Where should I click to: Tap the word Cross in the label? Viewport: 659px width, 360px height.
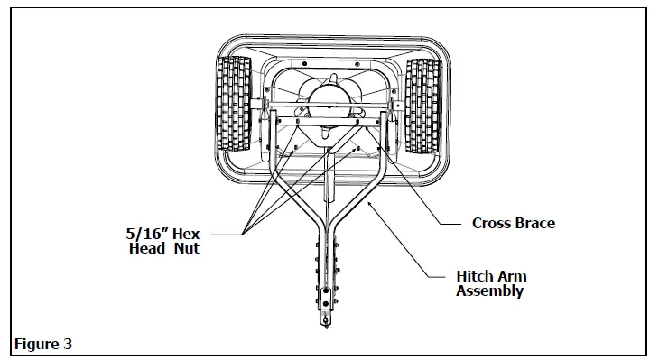[x=493, y=223]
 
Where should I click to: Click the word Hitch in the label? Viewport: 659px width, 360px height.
[x=475, y=277]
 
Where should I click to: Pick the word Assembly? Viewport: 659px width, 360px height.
[x=490, y=291]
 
